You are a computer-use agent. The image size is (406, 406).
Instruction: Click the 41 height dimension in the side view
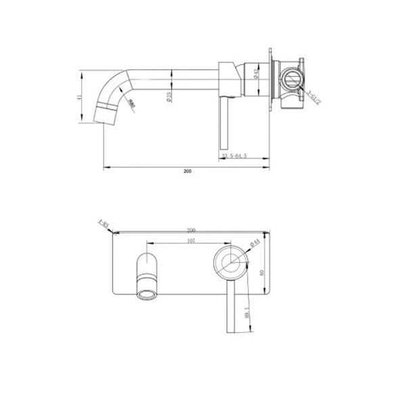(81, 98)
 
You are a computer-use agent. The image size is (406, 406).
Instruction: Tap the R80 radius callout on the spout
(132, 104)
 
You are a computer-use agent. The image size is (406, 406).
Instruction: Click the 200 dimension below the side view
(187, 171)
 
